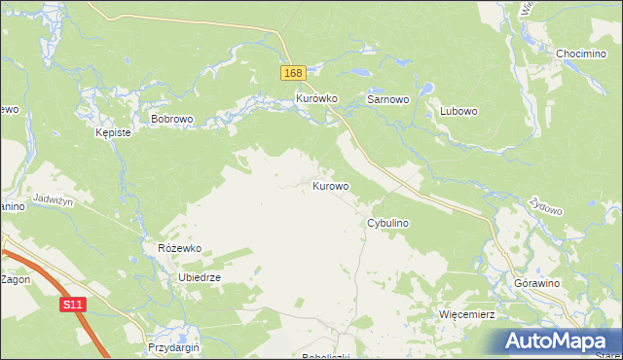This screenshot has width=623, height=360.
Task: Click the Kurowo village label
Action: point(331,185)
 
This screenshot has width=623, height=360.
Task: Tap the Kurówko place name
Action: point(315,99)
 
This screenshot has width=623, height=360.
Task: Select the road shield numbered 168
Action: point(294,74)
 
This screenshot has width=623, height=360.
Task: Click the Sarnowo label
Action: point(386,99)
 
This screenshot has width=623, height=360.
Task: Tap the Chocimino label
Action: point(581,54)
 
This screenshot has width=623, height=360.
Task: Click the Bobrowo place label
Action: point(172,119)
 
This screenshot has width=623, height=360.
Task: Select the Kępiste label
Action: point(113,132)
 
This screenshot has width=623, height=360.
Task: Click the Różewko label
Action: point(179,248)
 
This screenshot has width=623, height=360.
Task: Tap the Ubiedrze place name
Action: point(200,277)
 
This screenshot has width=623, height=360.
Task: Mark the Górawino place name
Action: point(534,282)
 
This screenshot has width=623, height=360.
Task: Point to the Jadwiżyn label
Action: point(54,198)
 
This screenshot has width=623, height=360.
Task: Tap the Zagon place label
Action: point(16,279)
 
